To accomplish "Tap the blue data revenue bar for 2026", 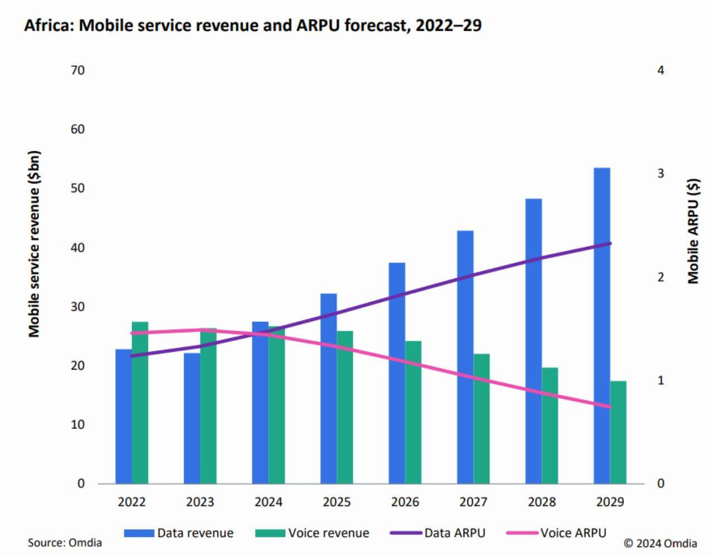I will coord(397,373).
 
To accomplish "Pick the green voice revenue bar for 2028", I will coord(550,425).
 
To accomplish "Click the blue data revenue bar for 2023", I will coord(192,418).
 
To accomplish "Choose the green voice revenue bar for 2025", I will coord(345,407).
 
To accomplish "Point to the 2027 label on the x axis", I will coord(473,502).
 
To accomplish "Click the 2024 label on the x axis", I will coord(268,502).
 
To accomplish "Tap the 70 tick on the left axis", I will coord(77,70).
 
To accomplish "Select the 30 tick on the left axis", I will coord(77,307).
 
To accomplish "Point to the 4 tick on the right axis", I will coord(661,70).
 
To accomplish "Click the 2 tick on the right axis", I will coord(661,277).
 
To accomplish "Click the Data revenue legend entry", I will coord(178,533).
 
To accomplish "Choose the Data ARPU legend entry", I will coord(438,533).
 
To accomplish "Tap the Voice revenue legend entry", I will coord(312,533).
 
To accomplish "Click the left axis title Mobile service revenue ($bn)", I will coord(35,244).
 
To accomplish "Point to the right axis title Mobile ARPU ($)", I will coord(692,231).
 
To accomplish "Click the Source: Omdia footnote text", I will coord(65,543).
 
